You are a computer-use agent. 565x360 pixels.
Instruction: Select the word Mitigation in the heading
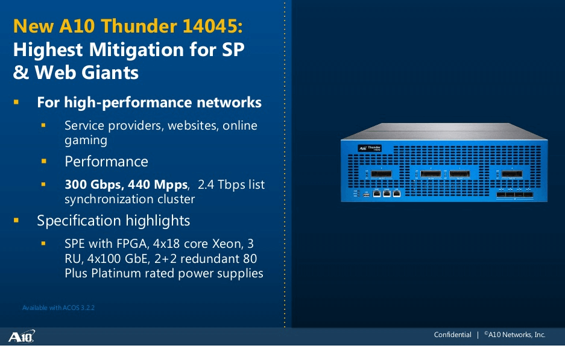[136, 49]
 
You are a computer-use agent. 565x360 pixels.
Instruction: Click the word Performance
[106, 162]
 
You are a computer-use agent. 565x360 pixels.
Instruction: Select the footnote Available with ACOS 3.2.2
[58, 308]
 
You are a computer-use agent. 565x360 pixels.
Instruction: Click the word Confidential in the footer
[452, 335]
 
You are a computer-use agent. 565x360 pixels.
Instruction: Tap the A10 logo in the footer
[22, 336]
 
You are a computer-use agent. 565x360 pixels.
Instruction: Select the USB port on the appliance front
[366, 194]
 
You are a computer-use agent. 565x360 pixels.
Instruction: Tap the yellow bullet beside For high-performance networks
[17, 103]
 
